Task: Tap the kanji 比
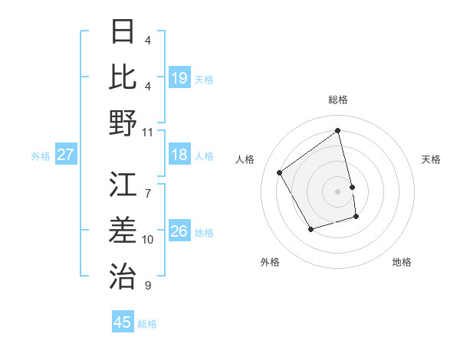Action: click(123, 77)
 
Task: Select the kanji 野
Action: click(123, 122)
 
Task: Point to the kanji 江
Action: click(123, 185)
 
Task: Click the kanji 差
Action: click(123, 230)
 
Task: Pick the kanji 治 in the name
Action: click(123, 275)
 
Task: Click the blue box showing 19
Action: click(179, 77)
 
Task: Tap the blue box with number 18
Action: click(179, 155)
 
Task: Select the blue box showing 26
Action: click(179, 231)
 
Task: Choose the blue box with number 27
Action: click(65, 155)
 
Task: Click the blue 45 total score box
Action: click(123, 322)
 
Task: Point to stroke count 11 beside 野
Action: click(148, 132)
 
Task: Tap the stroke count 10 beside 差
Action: click(148, 240)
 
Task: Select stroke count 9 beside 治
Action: click(148, 286)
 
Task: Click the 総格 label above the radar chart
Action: click(338, 100)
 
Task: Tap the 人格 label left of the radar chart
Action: click(245, 159)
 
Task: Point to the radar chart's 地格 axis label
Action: click(402, 262)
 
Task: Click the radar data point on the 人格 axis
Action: click(280, 173)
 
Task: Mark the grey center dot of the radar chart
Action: click(338, 191)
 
